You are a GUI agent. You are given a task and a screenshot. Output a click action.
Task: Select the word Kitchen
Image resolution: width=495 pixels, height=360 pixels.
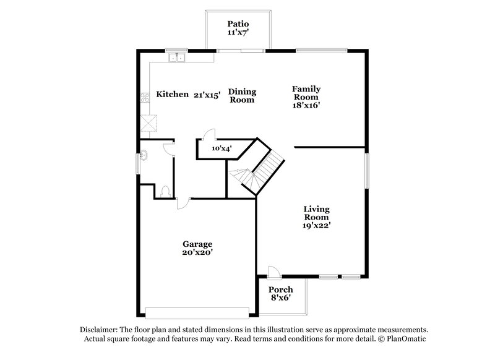(172, 94)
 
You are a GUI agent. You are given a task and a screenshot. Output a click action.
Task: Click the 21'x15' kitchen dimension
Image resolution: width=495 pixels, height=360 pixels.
(207, 95)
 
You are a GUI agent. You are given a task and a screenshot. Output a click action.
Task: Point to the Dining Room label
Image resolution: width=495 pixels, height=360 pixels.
(242, 95)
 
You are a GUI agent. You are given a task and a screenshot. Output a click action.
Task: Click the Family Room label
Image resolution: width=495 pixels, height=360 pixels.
(306, 93)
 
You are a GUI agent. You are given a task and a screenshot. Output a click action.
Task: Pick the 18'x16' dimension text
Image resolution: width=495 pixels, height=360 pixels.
(306, 105)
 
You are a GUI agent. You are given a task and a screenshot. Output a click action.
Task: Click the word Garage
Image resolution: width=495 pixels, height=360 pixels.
(197, 244)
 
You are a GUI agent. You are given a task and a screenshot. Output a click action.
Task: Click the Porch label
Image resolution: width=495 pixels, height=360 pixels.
(280, 289)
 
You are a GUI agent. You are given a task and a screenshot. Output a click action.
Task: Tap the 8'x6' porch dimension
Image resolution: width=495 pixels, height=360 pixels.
(280, 298)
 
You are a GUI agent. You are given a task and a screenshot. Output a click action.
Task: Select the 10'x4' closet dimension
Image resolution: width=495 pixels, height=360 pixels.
(222, 148)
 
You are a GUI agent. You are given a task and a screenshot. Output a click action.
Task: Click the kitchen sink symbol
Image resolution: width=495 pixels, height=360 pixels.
(178, 59)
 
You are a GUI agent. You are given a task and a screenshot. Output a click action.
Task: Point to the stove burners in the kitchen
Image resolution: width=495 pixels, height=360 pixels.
(145, 97)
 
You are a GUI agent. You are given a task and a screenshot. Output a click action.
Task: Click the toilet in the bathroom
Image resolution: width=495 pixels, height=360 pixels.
(165, 191)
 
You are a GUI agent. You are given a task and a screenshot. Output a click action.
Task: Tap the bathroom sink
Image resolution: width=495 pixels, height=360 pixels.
(144, 156)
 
